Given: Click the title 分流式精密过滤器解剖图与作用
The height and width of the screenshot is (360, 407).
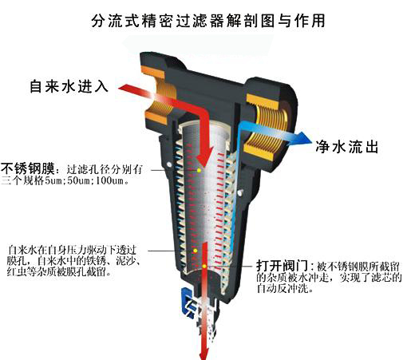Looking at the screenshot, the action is (x=208, y=21).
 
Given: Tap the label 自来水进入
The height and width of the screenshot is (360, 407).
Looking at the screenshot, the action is (x=69, y=86).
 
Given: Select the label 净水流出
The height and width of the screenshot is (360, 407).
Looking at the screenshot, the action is (x=347, y=147).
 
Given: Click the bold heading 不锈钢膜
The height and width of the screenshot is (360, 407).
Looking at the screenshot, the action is (x=28, y=168).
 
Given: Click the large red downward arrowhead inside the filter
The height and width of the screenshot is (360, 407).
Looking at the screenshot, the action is (x=204, y=157).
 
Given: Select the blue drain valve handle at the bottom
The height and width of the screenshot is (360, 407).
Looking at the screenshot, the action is (x=188, y=303).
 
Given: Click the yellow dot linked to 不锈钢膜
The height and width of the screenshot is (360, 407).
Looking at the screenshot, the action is (x=199, y=170).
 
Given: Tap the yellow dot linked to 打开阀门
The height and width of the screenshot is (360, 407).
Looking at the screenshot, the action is (x=204, y=266).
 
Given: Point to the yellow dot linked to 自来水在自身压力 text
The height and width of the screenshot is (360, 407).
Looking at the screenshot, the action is (x=195, y=251).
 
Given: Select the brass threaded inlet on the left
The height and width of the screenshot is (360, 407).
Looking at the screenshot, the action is (x=159, y=98).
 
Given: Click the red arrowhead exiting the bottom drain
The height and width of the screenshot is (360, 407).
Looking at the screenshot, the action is (x=204, y=353).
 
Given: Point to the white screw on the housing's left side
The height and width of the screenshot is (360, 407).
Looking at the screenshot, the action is (x=168, y=164).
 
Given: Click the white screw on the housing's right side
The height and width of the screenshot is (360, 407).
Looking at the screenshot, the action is (x=240, y=192).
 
